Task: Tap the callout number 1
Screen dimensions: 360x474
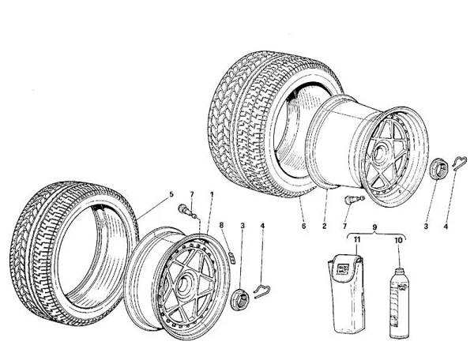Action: pos(211,193)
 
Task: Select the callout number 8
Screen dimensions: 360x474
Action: pos(223,225)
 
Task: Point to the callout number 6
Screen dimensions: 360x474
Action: pos(302,225)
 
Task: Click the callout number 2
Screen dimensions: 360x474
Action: pos(325,225)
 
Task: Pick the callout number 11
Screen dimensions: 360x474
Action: pos(356,238)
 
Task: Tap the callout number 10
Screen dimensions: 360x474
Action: pos(398,238)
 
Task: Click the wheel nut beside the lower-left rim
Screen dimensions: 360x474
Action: pos(240,298)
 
